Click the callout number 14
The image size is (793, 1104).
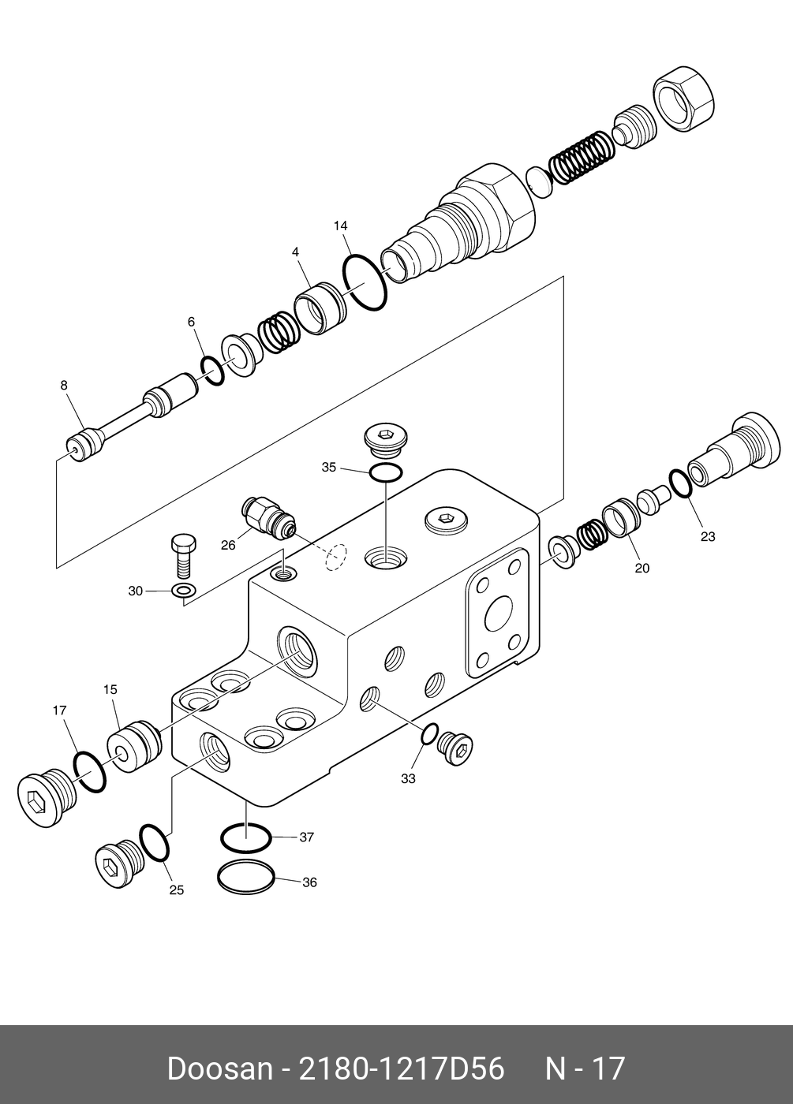pyautogui.click(x=340, y=226)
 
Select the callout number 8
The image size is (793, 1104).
pyautogui.click(x=64, y=385)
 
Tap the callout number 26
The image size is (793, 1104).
pyautogui.click(x=228, y=544)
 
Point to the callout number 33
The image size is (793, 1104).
pyautogui.click(x=407, y=778)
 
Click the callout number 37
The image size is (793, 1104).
pyautogui.click(x=307, y=837)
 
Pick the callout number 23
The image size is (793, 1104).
pyautogui.click(x=708, y=536)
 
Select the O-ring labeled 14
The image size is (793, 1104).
pyautogui.click(x=365, y=282)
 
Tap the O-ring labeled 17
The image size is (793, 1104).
pyautogui.click(x=89, y=773)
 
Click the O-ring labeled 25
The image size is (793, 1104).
pyautogui.click(x=154, y=843)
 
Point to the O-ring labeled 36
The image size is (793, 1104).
pyautogui.click(x=245, y=878)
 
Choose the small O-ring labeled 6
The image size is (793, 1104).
pyautogui.click(x=211, y=371)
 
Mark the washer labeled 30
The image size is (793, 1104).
pyautogui.click(x=184, y=591)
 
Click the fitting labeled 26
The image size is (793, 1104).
pyautogui.click(x=270, y=517)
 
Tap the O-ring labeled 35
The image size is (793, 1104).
pyautogui.click(x=386, y=472)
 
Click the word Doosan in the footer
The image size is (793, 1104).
pyautogui.click(x=219, y=1069)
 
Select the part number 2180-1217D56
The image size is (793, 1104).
pyautogui.click(x=399, y=1069)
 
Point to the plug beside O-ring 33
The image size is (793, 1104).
pyautogui.click(x=457, y=747)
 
